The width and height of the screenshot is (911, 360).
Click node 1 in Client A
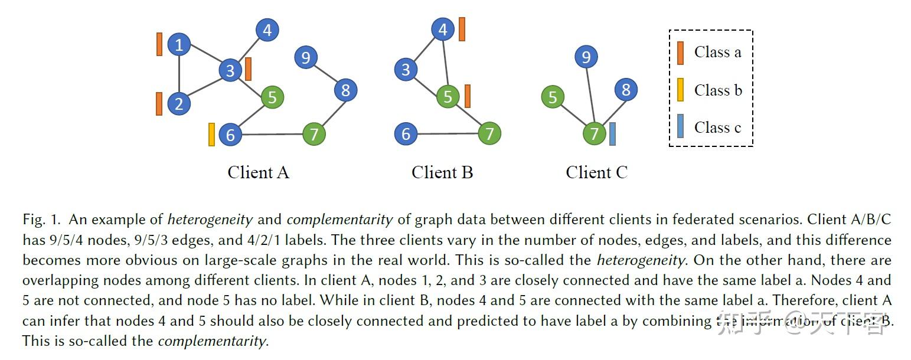(179, 44)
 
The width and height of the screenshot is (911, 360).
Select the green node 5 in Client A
(272, 97)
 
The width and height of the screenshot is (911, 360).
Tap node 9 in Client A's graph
(305, 57)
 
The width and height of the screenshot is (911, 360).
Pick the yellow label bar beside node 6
(211, 135)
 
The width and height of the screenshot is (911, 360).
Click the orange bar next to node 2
(159, 104)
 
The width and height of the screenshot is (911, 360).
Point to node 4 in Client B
(443, 29)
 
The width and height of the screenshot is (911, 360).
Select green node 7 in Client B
(489, 133)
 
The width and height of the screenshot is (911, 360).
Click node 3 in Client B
(405, 70)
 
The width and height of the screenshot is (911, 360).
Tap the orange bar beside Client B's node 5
(467, 96)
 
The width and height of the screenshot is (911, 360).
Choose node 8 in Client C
(626, 90)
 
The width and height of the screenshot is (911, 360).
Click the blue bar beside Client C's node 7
(612, 134)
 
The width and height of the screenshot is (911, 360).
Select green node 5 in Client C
(553, 97)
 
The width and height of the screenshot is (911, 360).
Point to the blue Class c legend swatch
(680, 127)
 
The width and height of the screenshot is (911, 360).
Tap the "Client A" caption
(258, 172)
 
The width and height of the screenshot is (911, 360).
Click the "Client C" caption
(596, 172)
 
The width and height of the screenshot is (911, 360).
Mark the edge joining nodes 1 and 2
(179, 74)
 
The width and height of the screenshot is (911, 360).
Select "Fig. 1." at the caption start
(41, 220)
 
